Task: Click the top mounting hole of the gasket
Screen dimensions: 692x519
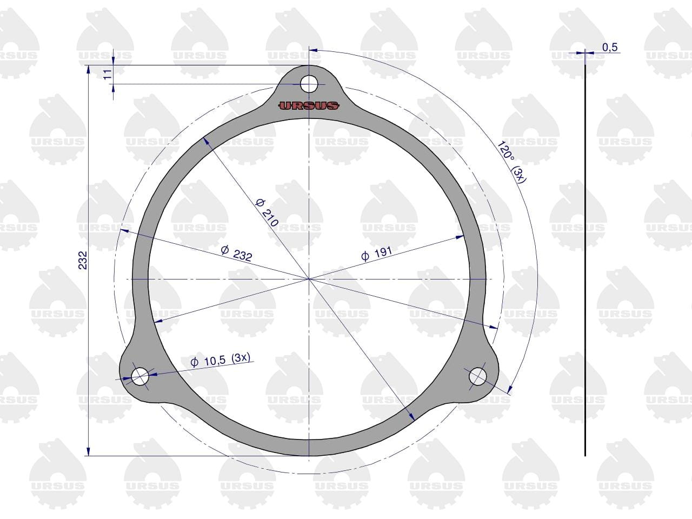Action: pyautogui.click(x=309, y=84)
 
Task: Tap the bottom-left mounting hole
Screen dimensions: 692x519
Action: pyautogui.click(x=140, y=376)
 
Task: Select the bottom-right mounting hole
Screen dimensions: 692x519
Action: pyautogui.click(x=477, y=376)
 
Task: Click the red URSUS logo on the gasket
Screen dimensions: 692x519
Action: pyautogui.click(x=309, y=105)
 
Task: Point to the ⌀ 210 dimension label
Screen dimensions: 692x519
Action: pyautogui.click(x=267, y=212)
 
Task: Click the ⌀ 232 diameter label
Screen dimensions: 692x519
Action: pyautogui.click(x=236, y=254)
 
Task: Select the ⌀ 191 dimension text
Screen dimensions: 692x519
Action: pyautogui.click(x=377, y=254)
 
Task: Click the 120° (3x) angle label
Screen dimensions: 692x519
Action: pyautogui.click(x=511, y=162)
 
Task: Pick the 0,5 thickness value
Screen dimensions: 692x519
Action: pyautogui.click(x=610, y=47)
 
